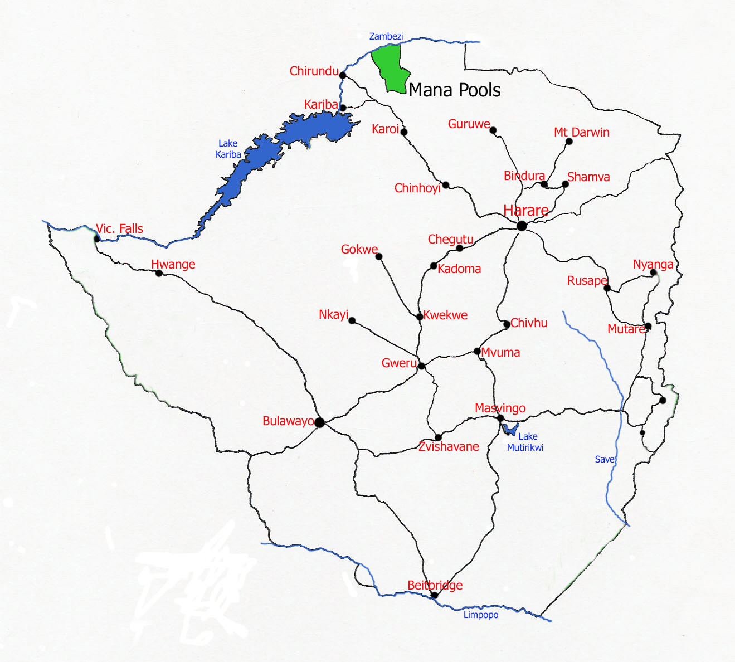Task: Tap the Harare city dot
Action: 522,226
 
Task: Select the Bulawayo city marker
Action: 319,422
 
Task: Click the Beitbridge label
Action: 435,585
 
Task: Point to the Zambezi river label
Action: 386,36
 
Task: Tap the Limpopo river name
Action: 480,615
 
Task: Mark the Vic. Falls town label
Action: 119,228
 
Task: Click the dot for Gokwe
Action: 379,256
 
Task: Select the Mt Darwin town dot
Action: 569,142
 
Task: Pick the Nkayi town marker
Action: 352,320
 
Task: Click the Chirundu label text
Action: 314,71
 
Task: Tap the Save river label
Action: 604,459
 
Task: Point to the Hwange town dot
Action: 159,273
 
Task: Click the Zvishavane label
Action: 449,446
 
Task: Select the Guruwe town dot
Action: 493,130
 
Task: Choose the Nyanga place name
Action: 653,264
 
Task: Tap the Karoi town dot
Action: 404,132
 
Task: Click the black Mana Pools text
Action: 454,90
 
